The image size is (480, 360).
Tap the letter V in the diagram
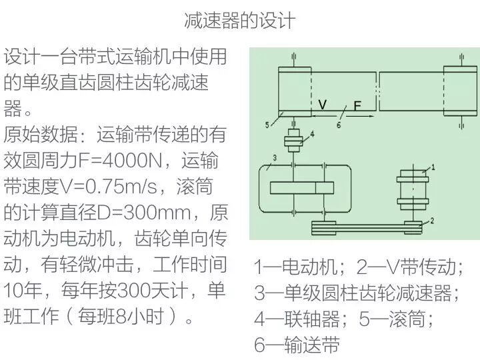(x=323, y=105)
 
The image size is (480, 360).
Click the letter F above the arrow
(x=357, y=106)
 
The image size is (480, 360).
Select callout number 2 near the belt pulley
(x=433, y=220)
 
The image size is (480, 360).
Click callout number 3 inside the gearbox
(x=274, y=158)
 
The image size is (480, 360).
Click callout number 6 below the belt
(x=338, y=125)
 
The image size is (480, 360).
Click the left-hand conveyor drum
(x=294, y=91)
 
